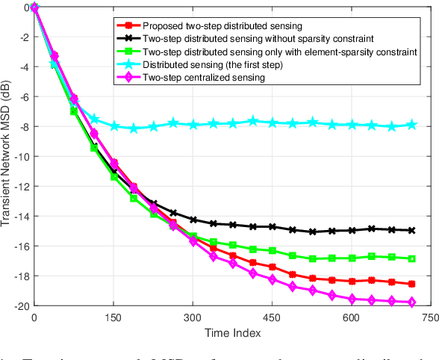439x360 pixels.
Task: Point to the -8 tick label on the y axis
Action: [22, 127]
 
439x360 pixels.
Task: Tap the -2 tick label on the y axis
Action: [22, 37]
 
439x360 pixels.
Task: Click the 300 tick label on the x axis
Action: [193, 317]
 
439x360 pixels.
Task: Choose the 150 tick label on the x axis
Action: [113, 317]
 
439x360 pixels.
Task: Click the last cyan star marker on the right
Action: [411, 125]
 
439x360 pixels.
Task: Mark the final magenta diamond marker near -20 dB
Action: [411, 302]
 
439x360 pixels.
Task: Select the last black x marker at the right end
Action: [411, 231]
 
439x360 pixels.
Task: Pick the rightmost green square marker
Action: [411, 258]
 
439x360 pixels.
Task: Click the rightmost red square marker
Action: [411, 285]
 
